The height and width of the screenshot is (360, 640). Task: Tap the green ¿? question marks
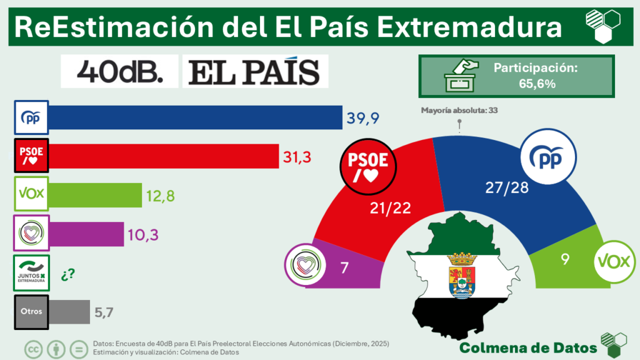click(67, 273)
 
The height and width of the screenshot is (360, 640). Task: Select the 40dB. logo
click(119, 72)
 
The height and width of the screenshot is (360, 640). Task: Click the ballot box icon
click(460, 76)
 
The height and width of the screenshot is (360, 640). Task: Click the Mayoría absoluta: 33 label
click(459, 111)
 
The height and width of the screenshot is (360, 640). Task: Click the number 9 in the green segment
click(564, 259)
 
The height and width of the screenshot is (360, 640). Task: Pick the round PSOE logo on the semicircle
click(368, 164)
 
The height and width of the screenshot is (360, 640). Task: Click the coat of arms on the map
click(463, 275)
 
